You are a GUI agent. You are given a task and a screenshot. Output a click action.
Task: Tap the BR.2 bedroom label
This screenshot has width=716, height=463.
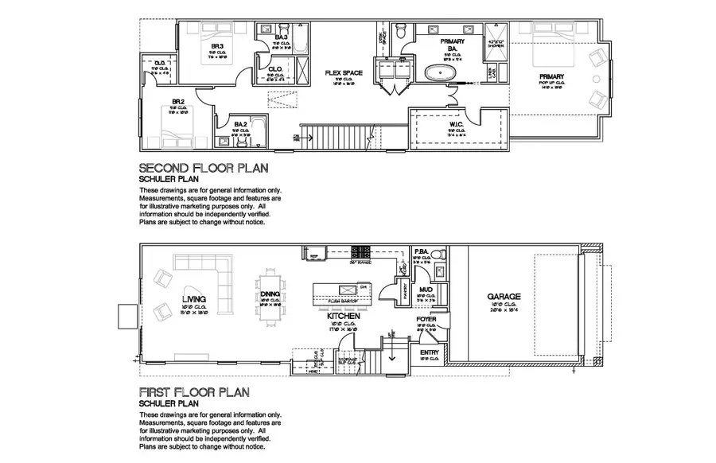pos(178,102)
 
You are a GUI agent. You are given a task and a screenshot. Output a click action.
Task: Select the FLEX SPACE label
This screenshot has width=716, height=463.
pos(343,73)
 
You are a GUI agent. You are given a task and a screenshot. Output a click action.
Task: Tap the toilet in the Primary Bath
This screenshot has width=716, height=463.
pos(404,33)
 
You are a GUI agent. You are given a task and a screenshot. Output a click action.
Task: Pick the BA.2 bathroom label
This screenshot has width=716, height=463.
pos(241,125)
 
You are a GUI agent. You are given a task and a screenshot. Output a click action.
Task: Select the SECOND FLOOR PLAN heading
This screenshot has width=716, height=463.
pos(203,169)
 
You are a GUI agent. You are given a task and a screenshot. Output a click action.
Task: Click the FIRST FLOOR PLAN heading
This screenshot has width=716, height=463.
pos(194,391)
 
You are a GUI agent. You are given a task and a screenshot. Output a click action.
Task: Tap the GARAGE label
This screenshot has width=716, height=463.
pos(504,297)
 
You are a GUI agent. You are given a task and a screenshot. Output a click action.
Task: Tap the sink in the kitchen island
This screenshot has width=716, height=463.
pos(348,288)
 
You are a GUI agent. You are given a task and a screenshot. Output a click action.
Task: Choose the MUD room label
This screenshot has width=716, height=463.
pos(426,290)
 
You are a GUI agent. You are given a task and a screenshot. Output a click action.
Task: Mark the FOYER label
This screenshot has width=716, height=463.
pos(426,319)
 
